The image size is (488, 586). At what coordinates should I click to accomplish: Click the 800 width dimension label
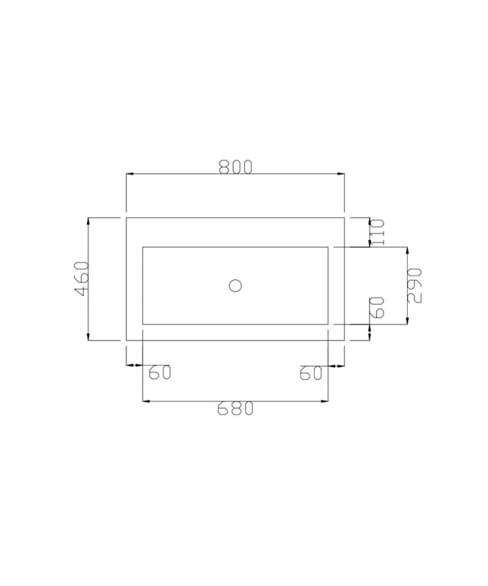tap(235, 167)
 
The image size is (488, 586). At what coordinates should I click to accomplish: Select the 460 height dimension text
tap(82, 279)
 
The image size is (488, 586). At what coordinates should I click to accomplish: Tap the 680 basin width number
tap(235, 408)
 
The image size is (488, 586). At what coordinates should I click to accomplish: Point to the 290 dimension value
tap(415, 286)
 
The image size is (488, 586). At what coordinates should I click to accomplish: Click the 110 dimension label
tap(377, 232)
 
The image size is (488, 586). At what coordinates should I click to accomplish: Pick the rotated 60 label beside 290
tap(377, 307)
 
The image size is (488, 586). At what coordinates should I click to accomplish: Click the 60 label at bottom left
tap(160, 372)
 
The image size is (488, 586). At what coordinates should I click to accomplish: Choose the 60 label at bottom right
tap(311, 372)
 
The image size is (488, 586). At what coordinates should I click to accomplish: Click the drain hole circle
tap(235, 286)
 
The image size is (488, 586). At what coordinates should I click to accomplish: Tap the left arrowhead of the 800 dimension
tap(130, 174)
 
